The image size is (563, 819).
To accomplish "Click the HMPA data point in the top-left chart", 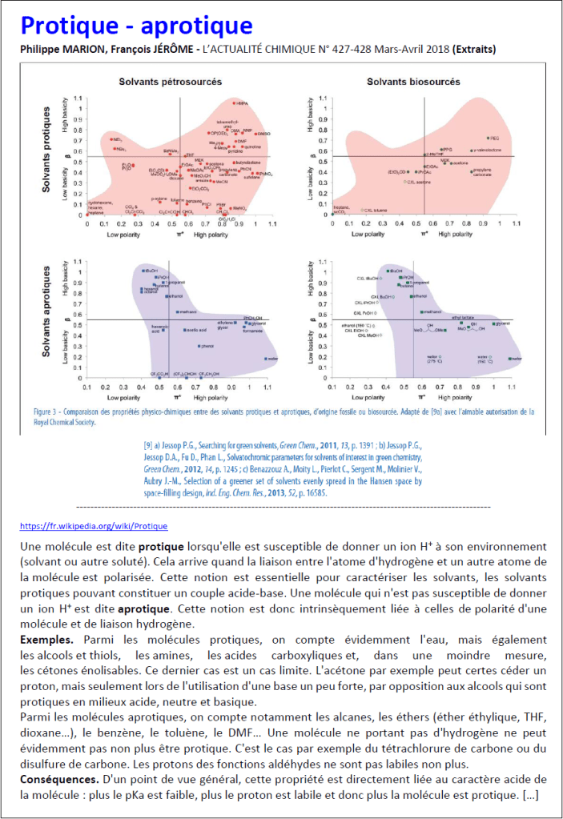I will point(235,102).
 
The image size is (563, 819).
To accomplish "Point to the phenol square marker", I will point(199,346).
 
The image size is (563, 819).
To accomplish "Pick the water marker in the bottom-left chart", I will point(265,359).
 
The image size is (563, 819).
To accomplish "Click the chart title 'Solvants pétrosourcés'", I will point(171,82).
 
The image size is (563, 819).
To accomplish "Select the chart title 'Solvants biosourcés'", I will point(413,82).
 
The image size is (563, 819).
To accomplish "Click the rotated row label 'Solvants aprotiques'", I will point(49,315).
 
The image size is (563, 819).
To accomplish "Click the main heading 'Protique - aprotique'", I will point(136,26).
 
